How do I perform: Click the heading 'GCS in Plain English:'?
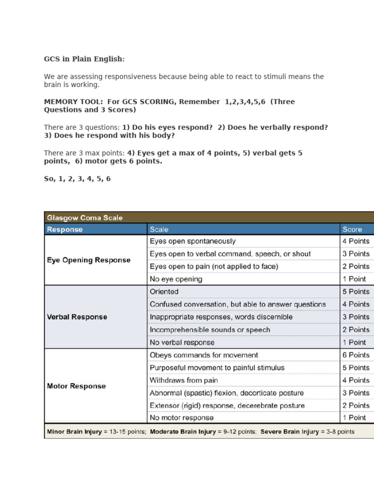(x=84, y=59)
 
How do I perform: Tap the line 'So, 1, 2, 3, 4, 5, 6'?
(x=77, y=178)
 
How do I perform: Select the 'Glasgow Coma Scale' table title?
(x=85, y=218)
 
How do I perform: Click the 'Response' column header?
(x=65, y=229)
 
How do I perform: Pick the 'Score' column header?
(x=352, y=229)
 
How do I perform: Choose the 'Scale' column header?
(x=159, y=229)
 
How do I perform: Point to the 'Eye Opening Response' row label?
(x=89, y=260)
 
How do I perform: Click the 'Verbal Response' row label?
(x=77, y=317)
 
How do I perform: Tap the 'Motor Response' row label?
(x=76, y=386)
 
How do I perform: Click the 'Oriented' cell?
(x=164, y=292)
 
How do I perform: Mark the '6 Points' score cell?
(x=356, y=355)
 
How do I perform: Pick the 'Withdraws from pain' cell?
(x=184, y=380)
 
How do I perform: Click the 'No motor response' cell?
(x=181, y=417)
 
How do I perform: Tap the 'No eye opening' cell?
(x=176, y=279)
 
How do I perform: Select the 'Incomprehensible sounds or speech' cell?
(x=210, y=329)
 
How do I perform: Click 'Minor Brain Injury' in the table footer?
(x=75, y=431)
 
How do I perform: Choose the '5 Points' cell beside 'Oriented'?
(x=356, y=292)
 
